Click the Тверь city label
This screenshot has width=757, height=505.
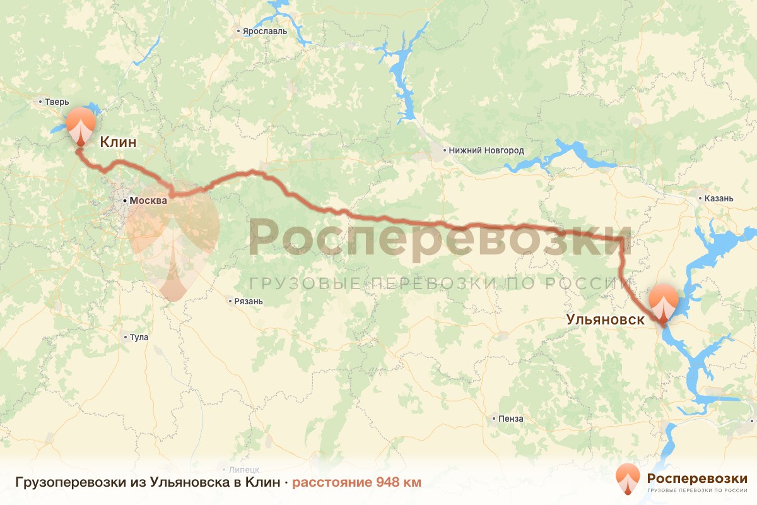click(x=57, y=102)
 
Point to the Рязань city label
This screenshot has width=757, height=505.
click(x=247, y=301)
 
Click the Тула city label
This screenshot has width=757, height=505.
click(x=139, y=337)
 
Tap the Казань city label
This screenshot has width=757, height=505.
click(x=719, y=198)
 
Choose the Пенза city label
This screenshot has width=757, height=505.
click(x=510, y=419)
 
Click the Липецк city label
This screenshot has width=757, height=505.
click(x=245, y=469)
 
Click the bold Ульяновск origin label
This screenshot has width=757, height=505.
click(x=606, y=319)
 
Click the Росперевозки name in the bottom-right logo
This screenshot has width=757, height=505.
click(x=697, y=478)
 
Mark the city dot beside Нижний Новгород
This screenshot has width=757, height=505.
click(x=444, y=151)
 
